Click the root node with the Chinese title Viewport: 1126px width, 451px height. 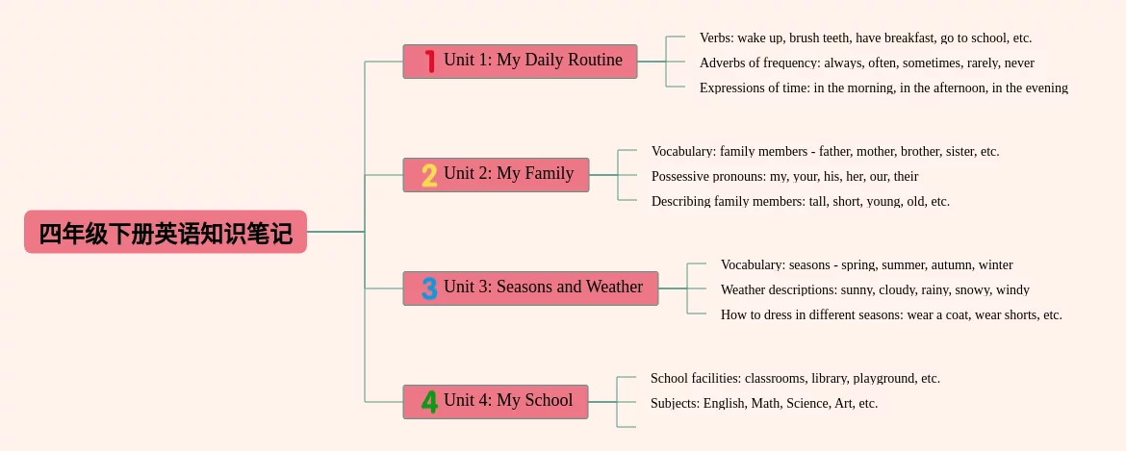166,232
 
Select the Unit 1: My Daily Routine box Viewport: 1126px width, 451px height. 520,61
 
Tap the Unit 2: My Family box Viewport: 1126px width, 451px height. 496,175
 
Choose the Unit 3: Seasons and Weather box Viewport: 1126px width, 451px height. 530,288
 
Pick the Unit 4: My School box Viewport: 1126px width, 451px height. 496,402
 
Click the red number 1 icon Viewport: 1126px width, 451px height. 429,61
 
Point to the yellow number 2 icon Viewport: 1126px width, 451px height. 429,175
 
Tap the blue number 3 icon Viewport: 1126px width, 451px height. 429,288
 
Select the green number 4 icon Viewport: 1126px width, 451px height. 429,402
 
